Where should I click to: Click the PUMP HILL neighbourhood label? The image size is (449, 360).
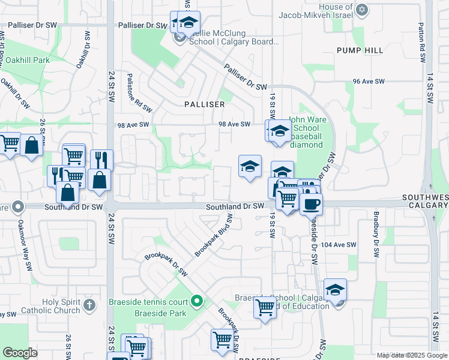point(360,50)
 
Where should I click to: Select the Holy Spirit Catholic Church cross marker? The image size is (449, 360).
point(89,304)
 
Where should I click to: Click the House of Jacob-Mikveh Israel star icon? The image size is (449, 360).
point(361,10)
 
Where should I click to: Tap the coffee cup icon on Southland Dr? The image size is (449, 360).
point(311,203)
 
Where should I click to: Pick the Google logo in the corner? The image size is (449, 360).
point(20,353)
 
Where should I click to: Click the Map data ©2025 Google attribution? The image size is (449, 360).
point(411,355)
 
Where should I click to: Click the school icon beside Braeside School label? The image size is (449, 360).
point(335,289)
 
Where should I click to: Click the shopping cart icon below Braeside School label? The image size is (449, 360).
point(265,307)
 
